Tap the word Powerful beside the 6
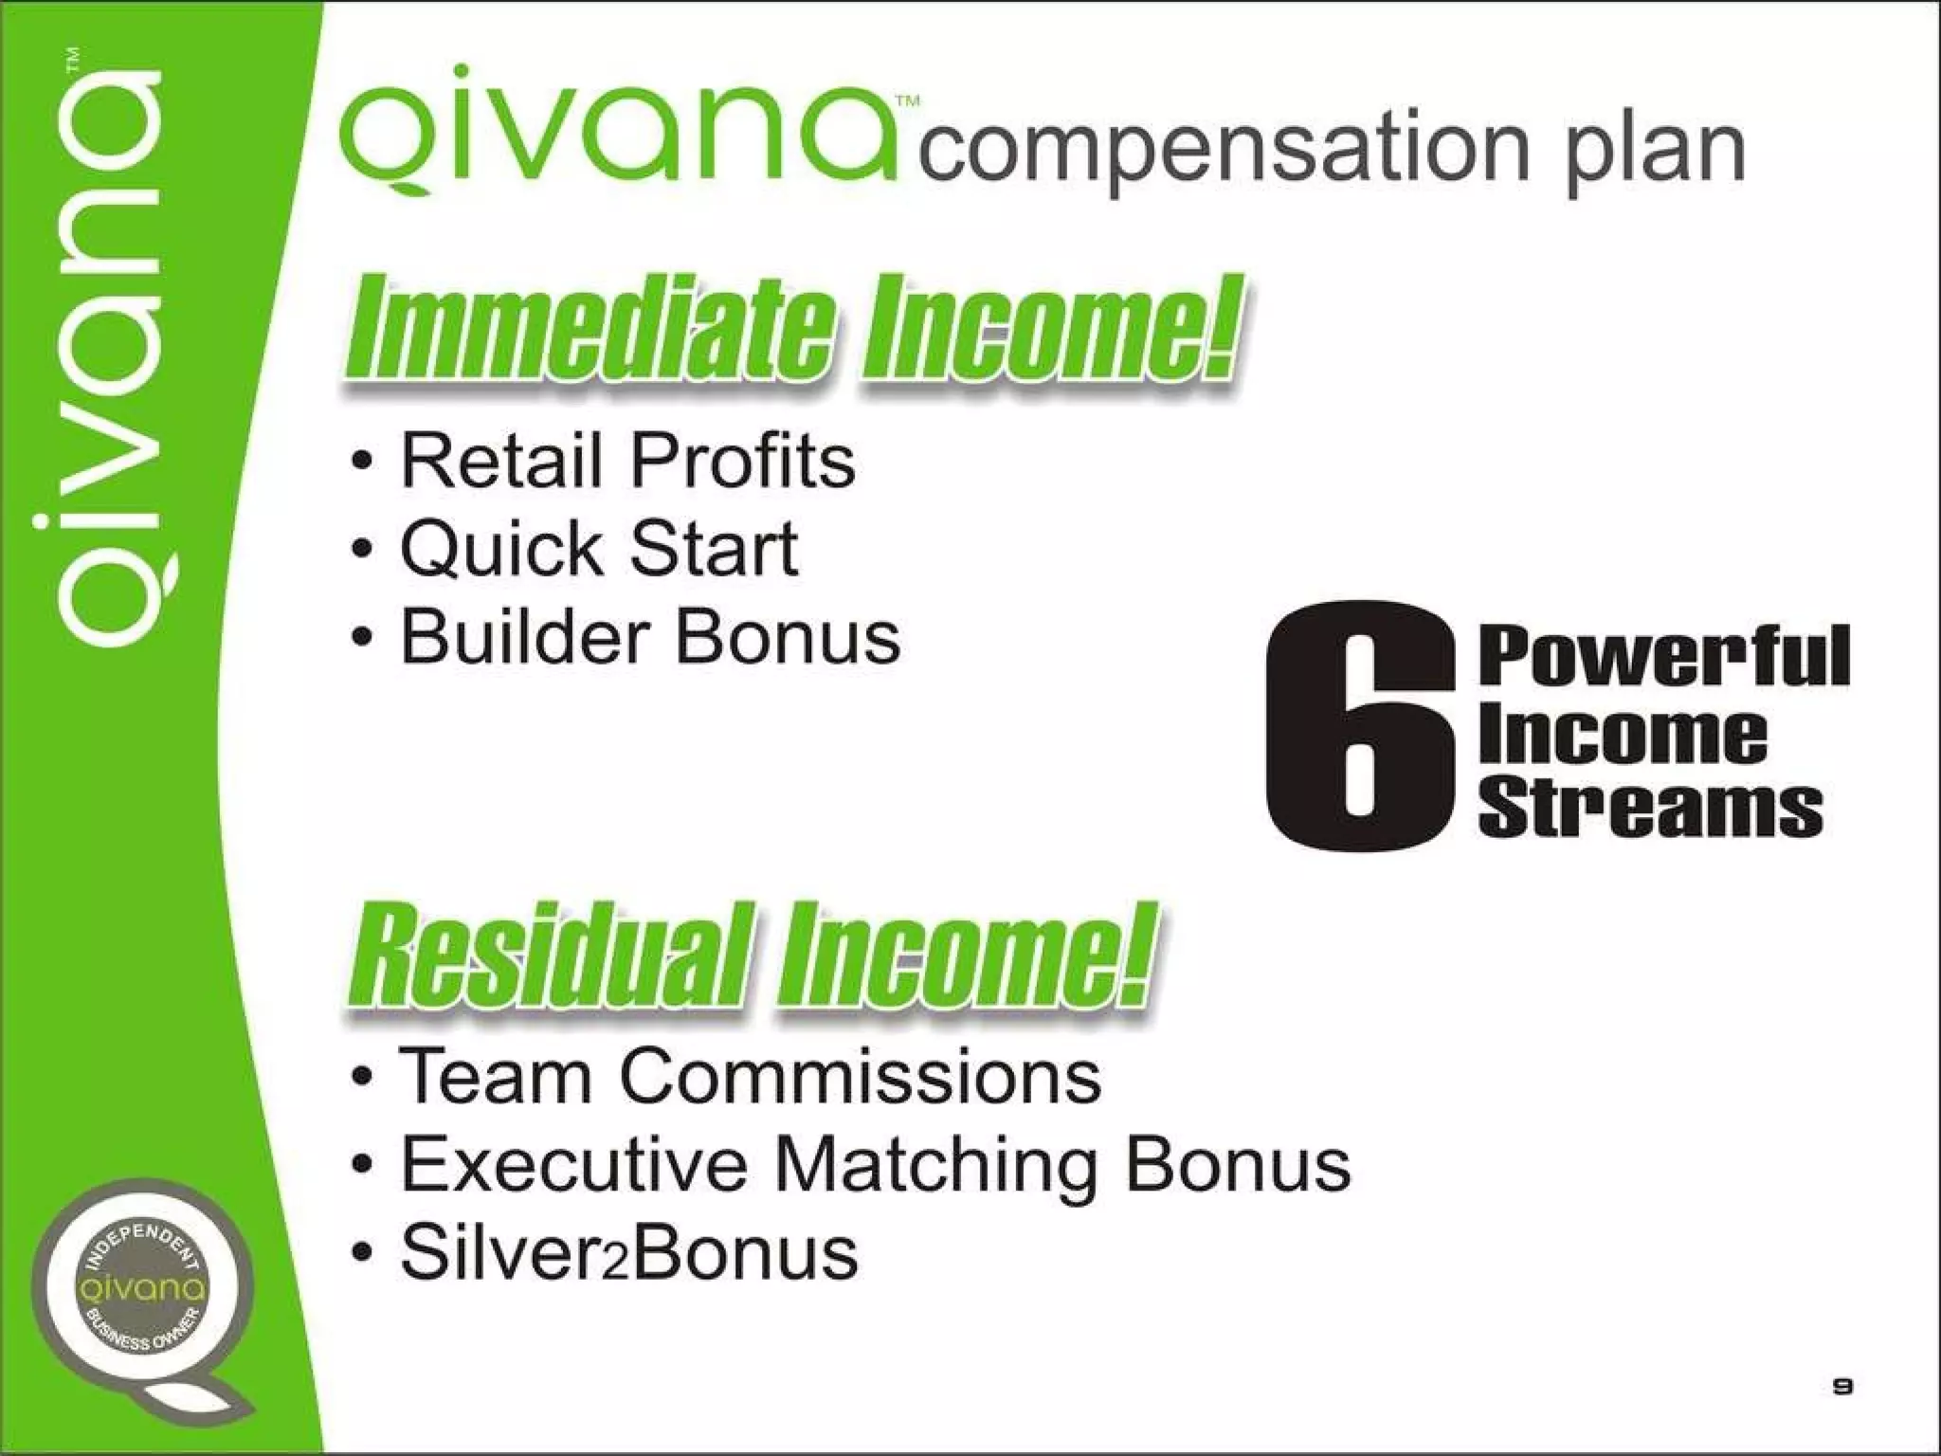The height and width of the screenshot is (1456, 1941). [x=1663, y=657]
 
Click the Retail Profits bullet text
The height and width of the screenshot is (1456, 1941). [x=627, y=461]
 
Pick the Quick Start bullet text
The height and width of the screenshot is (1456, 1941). [x=599, y=549]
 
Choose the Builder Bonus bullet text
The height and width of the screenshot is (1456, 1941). [x=650, y=637]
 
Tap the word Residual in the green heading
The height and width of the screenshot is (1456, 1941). [x=550, y=957]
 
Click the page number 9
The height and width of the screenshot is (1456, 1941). [x=1842, y=1387]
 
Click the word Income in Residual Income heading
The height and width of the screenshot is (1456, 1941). [x=957, y=957]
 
